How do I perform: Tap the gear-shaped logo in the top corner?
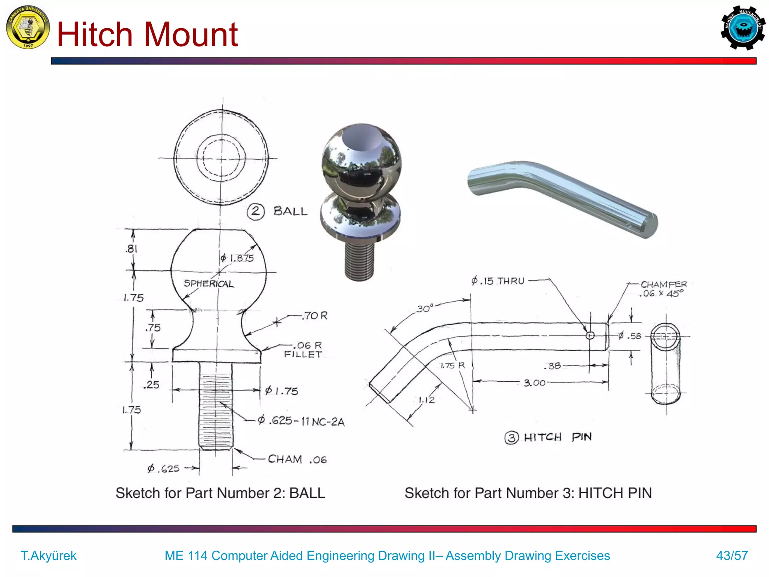pyautogui.click(x=743, y=28)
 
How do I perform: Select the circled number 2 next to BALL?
pyautogui.click(x=256, y=211)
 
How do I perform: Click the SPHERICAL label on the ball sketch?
pyautogui.click(x=209, y=284)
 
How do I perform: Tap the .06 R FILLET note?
pyautogui.click(x=303, y=350)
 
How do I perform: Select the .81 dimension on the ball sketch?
pyautogui.click(x=131, y=249)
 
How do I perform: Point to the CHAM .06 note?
pyautogui.click(x=297, y=459)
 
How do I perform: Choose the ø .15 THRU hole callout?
pyautogui.click(x=498, y=281)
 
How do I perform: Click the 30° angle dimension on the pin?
pyautogui.click(x=425, y=309)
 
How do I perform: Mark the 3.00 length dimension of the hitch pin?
pyautogui.click(x=534, y=383)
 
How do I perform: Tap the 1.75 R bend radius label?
pyautogui.click(x=452, y=366)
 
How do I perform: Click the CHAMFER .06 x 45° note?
pyautogui.click(x=663, y=289)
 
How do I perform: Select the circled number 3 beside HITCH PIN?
pyautogui.click(x=511, y=438)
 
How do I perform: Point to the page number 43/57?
pyautogui.click(x=732, y=556)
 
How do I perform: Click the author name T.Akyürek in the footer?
pyautogui.click(x=48, y=556)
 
